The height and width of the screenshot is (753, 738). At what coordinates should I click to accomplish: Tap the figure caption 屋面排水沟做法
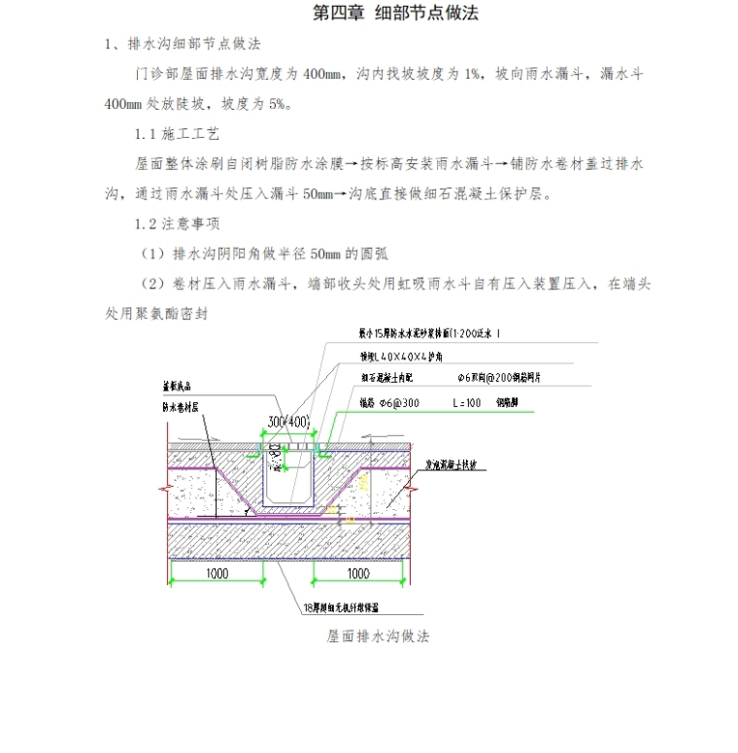379,637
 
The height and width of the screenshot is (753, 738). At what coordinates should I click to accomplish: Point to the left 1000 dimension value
217,573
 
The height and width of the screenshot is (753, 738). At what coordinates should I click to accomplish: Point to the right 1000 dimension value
358,573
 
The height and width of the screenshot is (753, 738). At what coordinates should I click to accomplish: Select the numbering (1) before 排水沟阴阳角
152,255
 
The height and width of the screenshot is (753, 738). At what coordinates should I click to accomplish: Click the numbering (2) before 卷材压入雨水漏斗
152,285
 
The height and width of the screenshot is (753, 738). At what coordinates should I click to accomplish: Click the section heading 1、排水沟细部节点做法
183,45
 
